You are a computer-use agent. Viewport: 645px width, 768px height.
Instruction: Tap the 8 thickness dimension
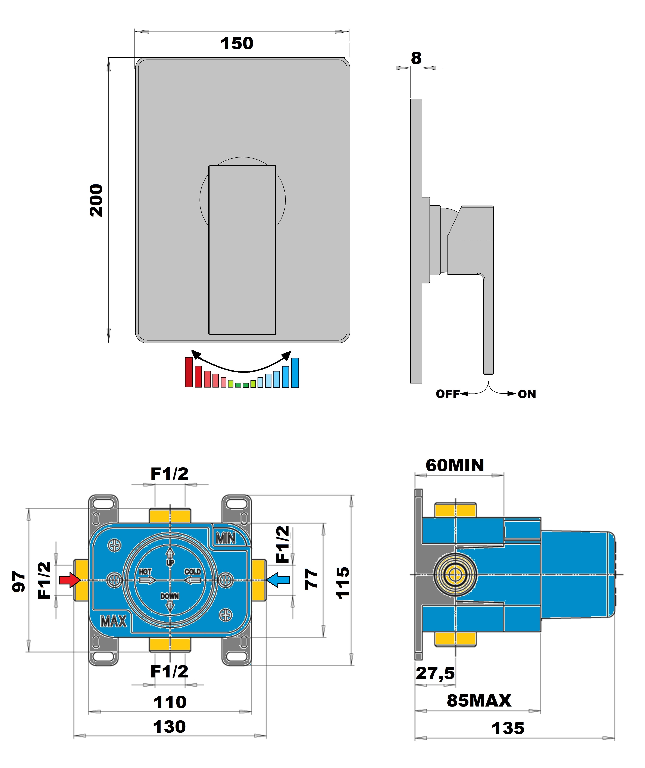click(416, 58)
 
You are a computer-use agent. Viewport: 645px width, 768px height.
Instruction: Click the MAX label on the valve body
click(113, 621)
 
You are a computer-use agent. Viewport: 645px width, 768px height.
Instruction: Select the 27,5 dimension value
click(435, 673)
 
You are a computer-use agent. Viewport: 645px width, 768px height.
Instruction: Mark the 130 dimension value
click(169, 727)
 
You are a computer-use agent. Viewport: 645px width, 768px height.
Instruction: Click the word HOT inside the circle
click(145, 572)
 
